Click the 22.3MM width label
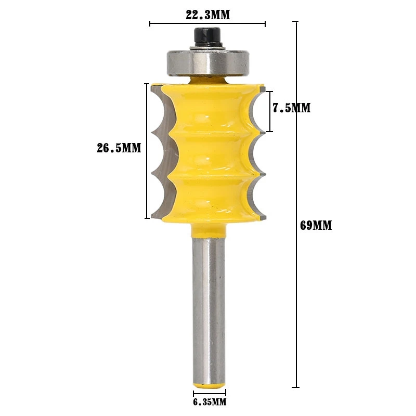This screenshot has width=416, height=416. pos(207,15)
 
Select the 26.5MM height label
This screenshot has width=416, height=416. pos(119,148)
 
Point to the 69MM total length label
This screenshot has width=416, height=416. pos(316,226)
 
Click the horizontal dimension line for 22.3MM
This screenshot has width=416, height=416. pos(207,24)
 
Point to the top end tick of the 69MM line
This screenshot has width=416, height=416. pos(296,22)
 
